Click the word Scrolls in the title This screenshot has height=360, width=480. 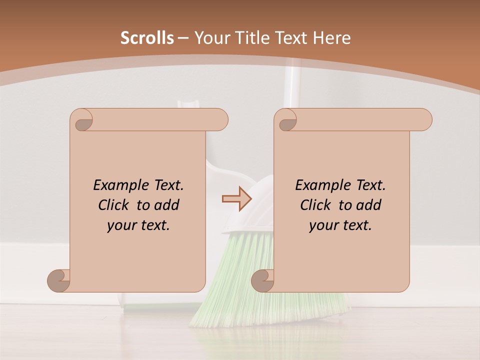tap(147, 38)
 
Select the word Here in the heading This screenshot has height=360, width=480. tap(331, 38)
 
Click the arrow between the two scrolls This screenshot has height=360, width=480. tap(237, 199)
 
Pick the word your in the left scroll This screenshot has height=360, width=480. tap(121, 225)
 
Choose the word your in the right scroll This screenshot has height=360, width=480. tap(323, 225)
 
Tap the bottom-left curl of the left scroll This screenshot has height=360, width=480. tap(58, 280)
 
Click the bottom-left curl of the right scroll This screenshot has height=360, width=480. tap(262, 280)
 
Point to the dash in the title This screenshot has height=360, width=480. tap(183, 38)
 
